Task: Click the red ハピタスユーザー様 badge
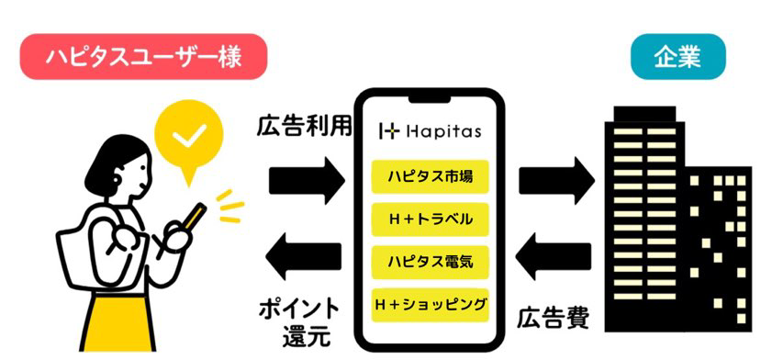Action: pos(143,57)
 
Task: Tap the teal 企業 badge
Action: pos(677,57)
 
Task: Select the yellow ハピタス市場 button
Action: pos(430,176)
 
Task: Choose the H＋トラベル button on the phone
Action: pos(430,219)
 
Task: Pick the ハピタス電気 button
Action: pos(430,262)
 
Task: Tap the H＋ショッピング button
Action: pos(430,305)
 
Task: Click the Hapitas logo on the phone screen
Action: pos(430,132)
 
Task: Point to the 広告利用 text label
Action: pos(304,128)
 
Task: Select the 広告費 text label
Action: pos(553,319)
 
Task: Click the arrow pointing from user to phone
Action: pos(307,180)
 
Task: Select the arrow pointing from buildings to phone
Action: pos(553,256)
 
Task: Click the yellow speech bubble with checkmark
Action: pos(188,141)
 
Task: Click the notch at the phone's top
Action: pos(430,100)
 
